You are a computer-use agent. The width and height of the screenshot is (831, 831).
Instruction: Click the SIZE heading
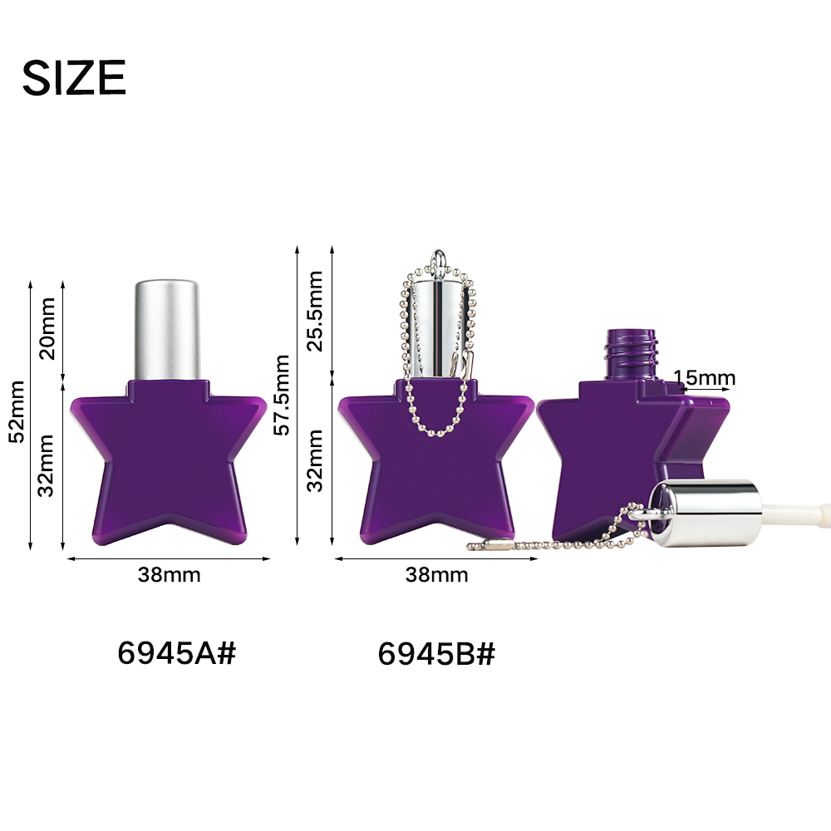tap(74, 77)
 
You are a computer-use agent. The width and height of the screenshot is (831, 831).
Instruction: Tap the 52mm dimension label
tap(17, 411)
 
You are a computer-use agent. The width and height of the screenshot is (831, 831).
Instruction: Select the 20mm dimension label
tap(47, 328)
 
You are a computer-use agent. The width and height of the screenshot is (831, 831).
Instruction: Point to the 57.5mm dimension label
tap(282, 395)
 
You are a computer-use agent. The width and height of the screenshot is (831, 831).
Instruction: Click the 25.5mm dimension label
tap(315, 311)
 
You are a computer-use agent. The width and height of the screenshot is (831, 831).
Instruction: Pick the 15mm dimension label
tap(705, 377)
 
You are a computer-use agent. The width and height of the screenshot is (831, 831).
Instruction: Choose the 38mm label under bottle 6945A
tap(169, 574)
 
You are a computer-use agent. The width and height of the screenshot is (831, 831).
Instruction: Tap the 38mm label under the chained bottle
tap(437, 574)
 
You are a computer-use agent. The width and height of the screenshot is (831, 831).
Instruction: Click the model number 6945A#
tap(176, 652)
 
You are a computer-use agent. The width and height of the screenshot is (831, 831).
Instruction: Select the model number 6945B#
tap(437, 653)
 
